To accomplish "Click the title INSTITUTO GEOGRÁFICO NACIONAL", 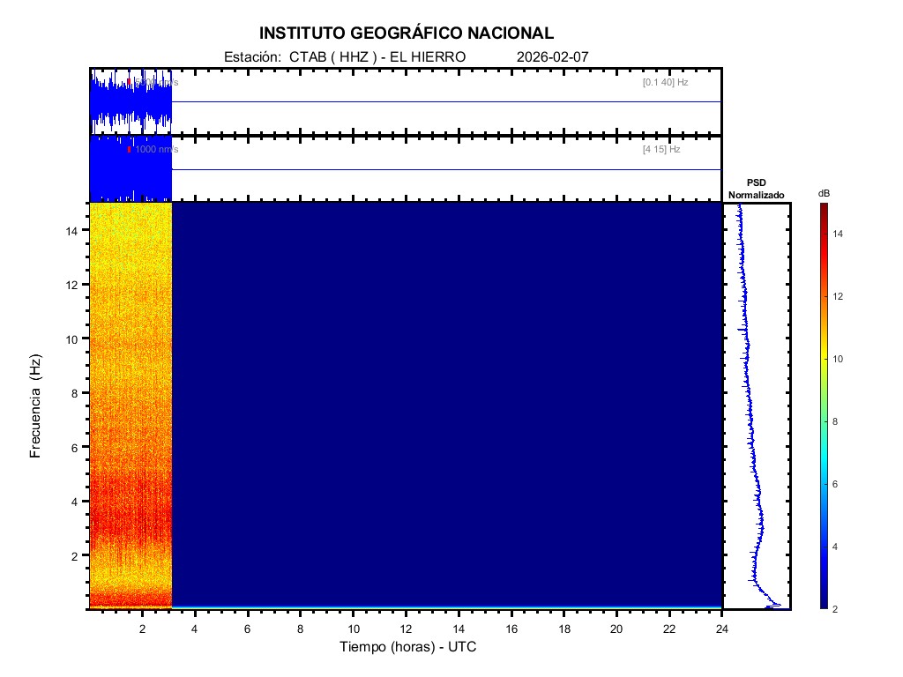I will (407, 33).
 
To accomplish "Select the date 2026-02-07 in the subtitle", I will (552, 56).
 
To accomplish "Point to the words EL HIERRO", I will (428, 56).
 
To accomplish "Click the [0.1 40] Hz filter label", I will (665, 82).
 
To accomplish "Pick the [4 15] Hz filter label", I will (661, 150).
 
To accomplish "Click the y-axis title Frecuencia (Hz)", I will (36, 406).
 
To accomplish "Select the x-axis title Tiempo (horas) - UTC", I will (408, 647).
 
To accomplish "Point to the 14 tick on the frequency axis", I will (75, 230).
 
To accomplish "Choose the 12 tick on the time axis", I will (406, 629).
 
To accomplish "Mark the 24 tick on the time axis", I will (722, 629).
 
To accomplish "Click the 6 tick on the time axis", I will (248, 629).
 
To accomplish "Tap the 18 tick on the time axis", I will (564, 629).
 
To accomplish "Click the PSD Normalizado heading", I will (756, 189).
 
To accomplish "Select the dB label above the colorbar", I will (823, 193).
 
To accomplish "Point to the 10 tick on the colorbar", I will (840, 360).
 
